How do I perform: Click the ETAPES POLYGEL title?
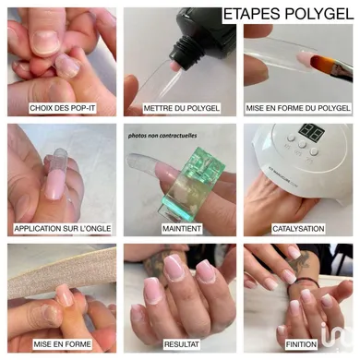pos(288,14)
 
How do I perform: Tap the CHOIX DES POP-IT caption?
pos(63,108)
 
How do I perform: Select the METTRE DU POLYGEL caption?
pos(182,108)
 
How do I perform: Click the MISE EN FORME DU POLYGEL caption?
pos(298,108)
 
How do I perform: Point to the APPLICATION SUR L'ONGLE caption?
pos(63,229)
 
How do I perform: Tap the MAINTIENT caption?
pos(182,229)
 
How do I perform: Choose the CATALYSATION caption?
pos(298,229)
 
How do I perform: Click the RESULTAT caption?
pos(182,344)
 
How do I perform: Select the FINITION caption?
pos(301,344)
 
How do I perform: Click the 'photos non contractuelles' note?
pos(162,136)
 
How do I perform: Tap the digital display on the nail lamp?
pos(311,132)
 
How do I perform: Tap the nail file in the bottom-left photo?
pos(62,271)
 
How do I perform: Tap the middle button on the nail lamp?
pos(302,144)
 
